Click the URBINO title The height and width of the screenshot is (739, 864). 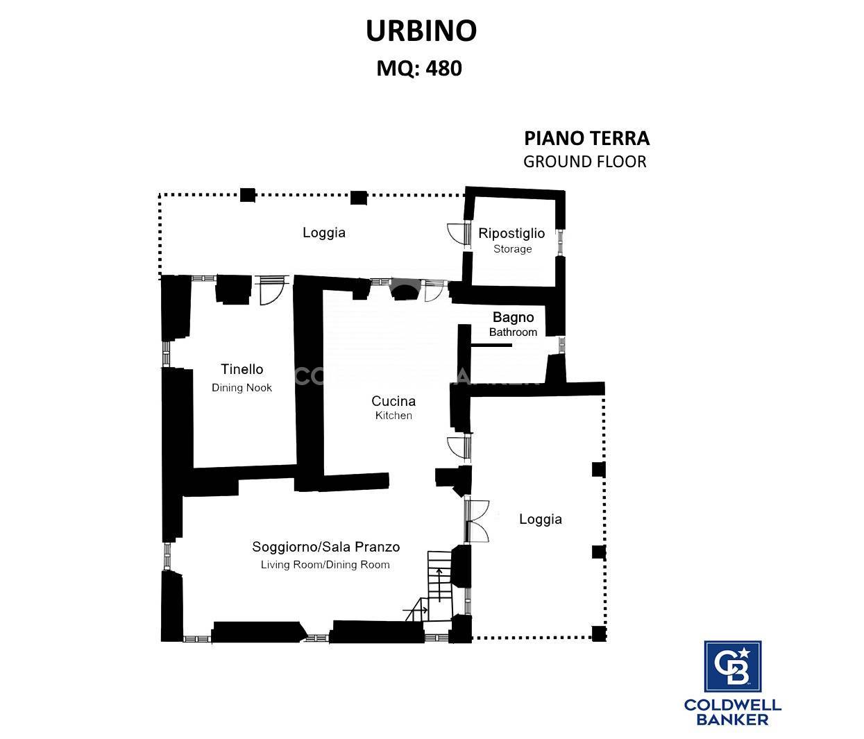pos(421,31)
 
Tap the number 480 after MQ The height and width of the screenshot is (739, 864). pos(443,68)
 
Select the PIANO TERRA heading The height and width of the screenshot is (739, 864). pos(587,138)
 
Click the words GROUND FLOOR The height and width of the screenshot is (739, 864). pos(585,162)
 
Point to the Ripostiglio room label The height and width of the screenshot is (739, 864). pos(511,233)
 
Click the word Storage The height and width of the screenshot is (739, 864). pos(512,248)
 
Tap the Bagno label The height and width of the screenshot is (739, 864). pos(514,317)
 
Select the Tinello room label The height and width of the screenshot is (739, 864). pos(242,369)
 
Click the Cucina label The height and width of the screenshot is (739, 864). pos(393,401)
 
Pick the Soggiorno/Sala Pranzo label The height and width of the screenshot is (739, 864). pos(326,547)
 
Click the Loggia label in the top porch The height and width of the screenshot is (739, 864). pos(324,232)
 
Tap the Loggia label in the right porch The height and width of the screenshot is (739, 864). pos(541,519)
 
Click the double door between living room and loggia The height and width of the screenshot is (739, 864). pos(477,521)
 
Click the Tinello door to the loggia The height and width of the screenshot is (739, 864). pos(273,289)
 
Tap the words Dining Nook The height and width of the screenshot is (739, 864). pos(242,387)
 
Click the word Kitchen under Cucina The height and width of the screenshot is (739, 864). pos(393,415)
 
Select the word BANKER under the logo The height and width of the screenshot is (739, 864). pos(732,720)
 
